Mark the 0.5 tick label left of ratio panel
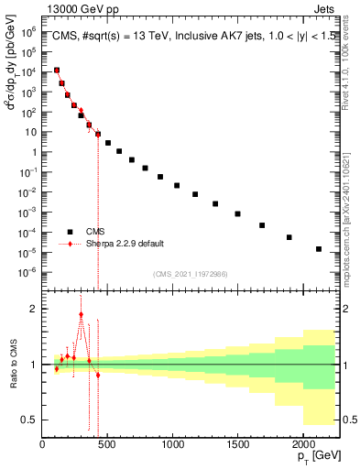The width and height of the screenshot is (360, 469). [30, 420]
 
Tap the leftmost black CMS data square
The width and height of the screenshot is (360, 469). [57, 70]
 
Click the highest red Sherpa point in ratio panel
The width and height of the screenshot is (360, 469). [81, 314]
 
